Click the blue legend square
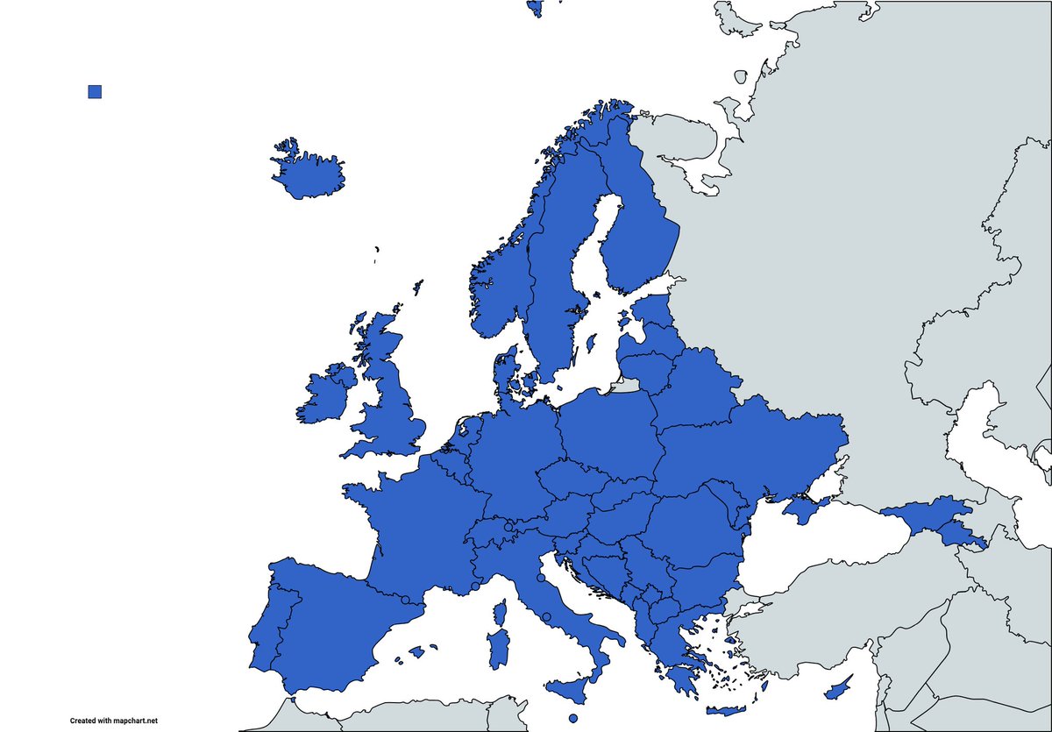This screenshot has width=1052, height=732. tap(95, 92)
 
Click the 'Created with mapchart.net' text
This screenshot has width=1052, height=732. tap(114, 721)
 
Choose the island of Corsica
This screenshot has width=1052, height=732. tap(502, 610)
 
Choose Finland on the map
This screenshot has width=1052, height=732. tap(636, 219)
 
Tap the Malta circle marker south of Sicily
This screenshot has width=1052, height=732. tap(573, 720)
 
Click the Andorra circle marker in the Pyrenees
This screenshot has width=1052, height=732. tap(405, 601)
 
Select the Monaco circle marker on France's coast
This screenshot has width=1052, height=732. tap(475, 586)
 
